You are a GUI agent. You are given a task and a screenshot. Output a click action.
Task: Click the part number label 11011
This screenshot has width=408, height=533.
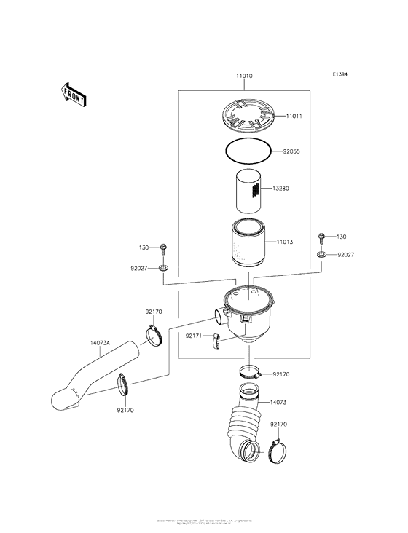pos(294,116)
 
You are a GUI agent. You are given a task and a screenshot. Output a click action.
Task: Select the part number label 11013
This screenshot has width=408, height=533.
pos(284,241)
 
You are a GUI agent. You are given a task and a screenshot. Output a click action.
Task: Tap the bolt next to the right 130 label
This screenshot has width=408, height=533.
pos(321,237)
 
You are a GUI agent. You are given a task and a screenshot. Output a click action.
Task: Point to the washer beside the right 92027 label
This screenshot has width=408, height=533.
pos(321,256)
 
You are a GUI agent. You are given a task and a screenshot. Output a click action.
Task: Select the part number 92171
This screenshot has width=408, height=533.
pos(194,336)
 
